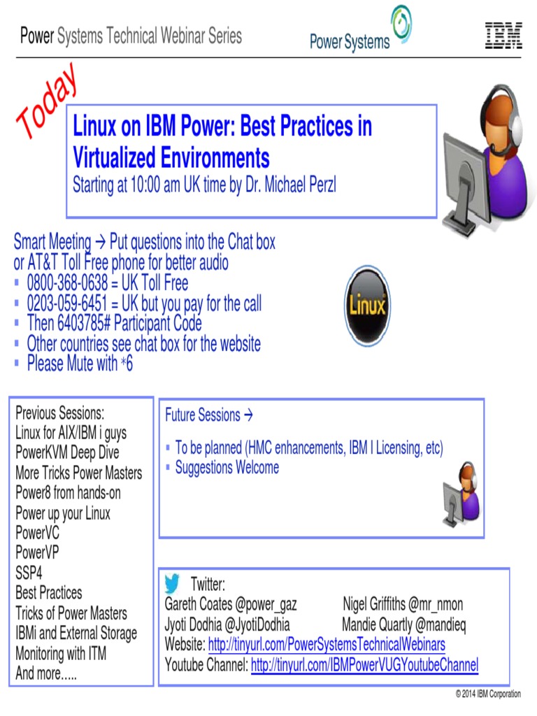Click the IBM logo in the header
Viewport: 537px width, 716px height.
pyautogui.click(x=503, y=36)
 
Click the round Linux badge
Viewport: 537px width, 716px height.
pyautogui.click(x=368, y=306)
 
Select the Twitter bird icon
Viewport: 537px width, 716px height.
pyautogui.click(x=172, y=583)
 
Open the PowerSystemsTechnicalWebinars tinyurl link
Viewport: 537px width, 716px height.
pyautogui.click(x=327, y=644)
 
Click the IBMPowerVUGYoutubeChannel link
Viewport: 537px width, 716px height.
pyautogui.click(x=364, y=665)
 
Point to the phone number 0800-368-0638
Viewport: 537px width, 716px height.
pyautogui.click(x=67, y=283)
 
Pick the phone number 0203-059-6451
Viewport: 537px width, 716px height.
pyautogui.click(x=67, y=303)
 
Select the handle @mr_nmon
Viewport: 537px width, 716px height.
pyautogui.click(x=435, y=604)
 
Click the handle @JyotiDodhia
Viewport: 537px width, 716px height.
pyautogui.click(x=257, y=624)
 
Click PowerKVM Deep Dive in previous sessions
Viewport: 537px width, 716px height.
pyautogui.click(x=67, y=452)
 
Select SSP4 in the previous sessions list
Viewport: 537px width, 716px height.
pyautogui.click(x=29, y=573)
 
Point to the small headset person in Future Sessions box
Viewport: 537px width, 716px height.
pyautogui.click(x=461, y=494)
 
